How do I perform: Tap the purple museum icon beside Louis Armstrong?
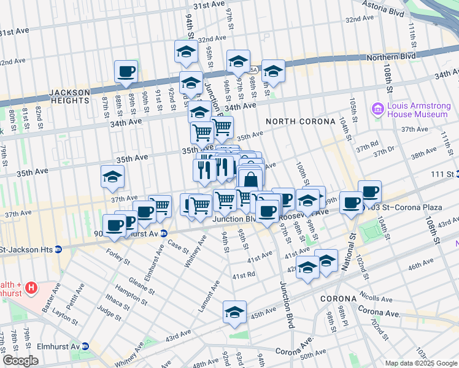(x=378, y=109)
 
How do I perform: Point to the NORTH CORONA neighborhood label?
(x=301, y=121)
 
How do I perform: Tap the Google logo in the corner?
(x=21, y=361)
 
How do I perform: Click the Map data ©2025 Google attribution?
(x=420, y=362)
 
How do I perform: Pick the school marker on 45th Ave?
(x=234, y=312)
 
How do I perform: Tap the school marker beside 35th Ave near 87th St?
(x=112, y=177)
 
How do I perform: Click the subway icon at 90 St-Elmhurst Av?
(x=164, y=234)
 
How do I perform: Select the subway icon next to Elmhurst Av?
(x=85, y=347)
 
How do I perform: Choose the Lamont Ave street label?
(x=209, y=296)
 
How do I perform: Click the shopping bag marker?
(x=250, y=180)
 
